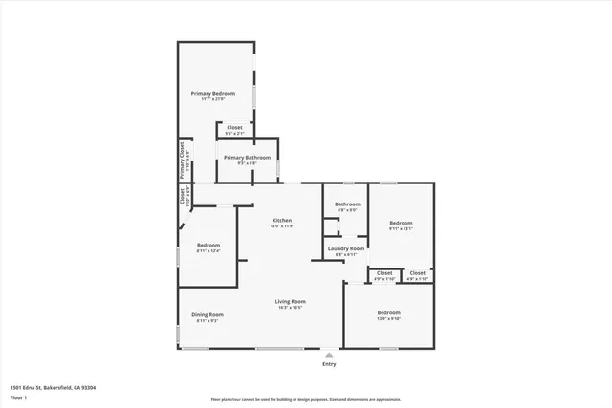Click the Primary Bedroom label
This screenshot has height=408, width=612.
[x=212, y=93]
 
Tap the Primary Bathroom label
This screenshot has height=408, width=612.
[x=247, y=157]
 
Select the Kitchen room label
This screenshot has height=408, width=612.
[x=281, y=220]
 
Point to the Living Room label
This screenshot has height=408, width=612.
[x=290, y=301]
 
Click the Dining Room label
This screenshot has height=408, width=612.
[x=208, y=314]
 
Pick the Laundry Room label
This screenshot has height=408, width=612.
[x=346, y=248]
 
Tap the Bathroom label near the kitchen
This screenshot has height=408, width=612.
[x=347, y=204]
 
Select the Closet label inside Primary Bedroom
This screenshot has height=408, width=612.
[x=234, y=127]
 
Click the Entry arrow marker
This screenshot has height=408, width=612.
[x=329, y=354]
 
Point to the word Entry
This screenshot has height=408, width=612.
[x=329, y=364]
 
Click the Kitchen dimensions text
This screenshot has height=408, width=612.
[x=281, y=226]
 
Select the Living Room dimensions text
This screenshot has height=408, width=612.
[x=290, y=308]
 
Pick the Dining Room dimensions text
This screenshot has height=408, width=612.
[x=208, y=321]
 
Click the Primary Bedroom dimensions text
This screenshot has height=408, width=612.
[x=212, y=99]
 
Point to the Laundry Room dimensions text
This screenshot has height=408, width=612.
[x=346, y=255]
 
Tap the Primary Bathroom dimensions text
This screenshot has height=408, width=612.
[x=247, y=163]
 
